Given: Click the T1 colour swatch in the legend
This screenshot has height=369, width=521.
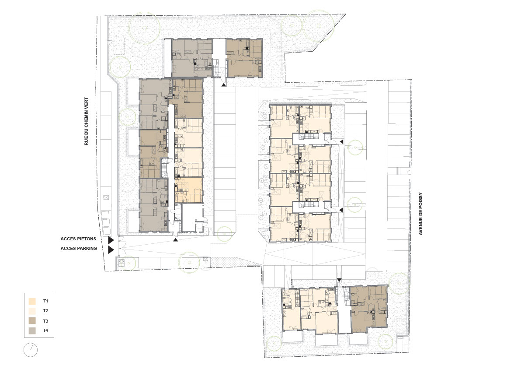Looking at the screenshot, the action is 32,301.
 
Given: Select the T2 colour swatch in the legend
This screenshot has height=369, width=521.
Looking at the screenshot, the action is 32,311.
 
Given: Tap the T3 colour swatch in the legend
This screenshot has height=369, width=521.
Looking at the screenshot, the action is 32,321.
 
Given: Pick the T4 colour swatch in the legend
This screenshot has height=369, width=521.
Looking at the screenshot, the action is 32,330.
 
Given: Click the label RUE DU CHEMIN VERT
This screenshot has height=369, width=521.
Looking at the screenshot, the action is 87,121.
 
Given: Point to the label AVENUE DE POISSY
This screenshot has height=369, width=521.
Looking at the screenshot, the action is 420,214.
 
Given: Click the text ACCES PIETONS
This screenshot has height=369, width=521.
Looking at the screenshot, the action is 78,239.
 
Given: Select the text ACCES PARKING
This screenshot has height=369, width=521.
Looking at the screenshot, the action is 79,248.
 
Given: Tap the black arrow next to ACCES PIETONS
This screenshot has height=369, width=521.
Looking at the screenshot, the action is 111,240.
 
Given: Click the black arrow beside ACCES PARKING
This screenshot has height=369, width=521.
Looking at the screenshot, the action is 111,250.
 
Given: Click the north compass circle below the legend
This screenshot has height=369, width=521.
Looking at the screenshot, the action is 31,350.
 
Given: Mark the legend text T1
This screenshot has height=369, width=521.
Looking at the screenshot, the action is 45,301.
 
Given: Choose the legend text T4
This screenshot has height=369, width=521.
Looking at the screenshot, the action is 45,330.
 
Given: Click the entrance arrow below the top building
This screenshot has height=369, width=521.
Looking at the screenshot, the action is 224,85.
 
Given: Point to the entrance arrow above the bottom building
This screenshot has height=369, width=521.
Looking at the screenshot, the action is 339,280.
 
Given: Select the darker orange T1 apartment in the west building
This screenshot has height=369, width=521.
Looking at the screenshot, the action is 188,190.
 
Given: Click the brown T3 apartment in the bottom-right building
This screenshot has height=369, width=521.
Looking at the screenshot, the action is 369,309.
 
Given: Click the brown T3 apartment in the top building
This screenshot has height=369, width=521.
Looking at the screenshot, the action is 244,58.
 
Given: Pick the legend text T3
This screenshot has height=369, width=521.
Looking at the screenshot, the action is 45,321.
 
